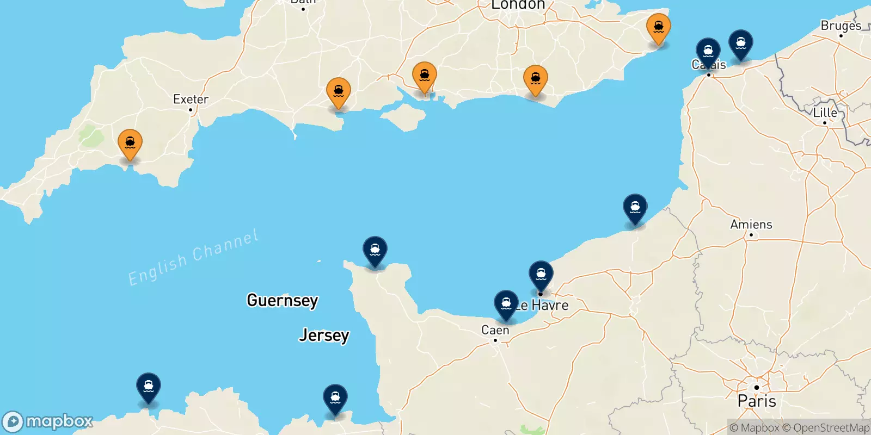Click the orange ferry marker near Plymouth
click(x=130, y=144)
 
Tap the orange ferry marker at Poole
click(x=338, y=92)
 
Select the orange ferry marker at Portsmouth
click(x=425, y=76)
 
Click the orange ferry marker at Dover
click(x=659, y=27)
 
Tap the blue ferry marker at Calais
click(x=708, y=52)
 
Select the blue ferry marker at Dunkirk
click(x=741, y=43)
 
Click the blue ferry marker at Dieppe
click(x=635, y=208)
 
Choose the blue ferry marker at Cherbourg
click(x=375, y=251)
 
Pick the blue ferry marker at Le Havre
click(x=541, y=275)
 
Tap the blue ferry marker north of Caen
click(x=506, y=304)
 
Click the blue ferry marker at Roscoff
click(x=149, y=387)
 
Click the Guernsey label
click(x=282, y=300)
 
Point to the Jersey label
click(x=324, y=335)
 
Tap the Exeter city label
click(x=191, y=100)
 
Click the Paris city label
click(x=757, y=401)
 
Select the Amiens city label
click(x=751, y=224)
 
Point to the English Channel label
click(x=193, y=258)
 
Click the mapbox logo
click(x=48, y=421)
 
